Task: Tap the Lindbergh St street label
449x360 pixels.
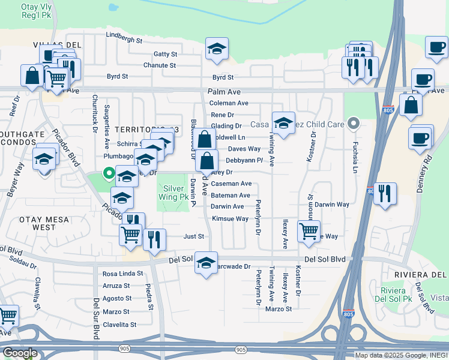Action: click(x=124, y=41)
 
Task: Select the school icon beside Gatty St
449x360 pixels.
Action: click(x=217, y=50)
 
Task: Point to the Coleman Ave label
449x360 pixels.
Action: click(x=229, y=103)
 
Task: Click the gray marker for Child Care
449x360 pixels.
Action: click(x=354, y=124)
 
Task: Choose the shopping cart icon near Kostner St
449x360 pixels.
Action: click(x=309, y=230)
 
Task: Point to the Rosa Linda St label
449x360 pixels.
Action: click(x=123, y=274)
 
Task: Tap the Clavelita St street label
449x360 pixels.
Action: click(x=120, y=325)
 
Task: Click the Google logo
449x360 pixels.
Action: click(x=20, y=352)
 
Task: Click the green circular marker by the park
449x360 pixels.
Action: click(x=109, y=174)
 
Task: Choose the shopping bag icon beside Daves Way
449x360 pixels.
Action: click(x=205, y=140)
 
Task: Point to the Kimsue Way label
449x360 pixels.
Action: click(x=230, y=218)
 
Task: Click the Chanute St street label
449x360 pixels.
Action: click(x=159, y=65)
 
